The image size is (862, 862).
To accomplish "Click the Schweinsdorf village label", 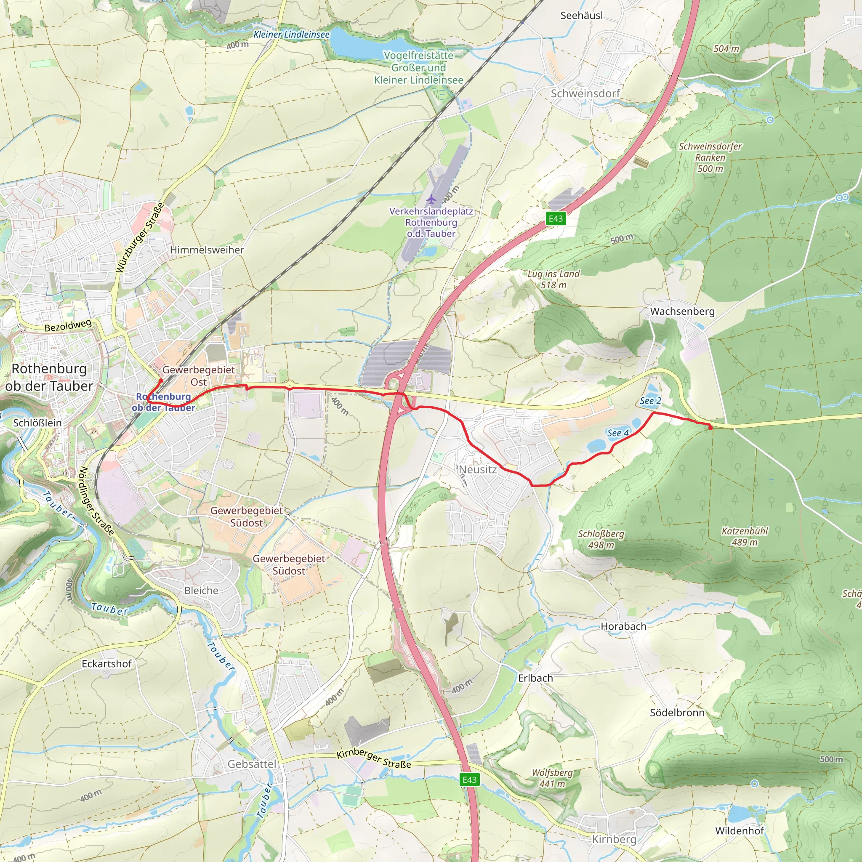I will tap(585, 93).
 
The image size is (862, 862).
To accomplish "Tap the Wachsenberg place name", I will tap(682, 311).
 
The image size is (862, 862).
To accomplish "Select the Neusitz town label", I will tap(477, 469).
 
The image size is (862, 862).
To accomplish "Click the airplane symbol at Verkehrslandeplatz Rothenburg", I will tap(431, 199).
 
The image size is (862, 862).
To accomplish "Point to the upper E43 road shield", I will tap(556, 218).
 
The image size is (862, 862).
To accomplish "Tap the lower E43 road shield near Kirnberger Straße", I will tap(469, 780).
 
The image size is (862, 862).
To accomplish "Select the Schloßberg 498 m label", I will tap(601, 539).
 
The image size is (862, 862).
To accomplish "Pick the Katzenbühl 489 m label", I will tap(745, 536).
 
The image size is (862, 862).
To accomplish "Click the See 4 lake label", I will tap(617, 433).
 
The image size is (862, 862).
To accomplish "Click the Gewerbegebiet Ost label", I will tap(199, 376).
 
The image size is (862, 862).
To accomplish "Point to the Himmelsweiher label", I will tap(207, 250).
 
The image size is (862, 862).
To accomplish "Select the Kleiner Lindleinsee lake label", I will tap(291, 35).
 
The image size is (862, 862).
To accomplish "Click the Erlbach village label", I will tap(535, 678).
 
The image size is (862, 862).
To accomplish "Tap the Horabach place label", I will tap(623, 626).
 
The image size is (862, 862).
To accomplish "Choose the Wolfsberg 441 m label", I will tap(552, 778).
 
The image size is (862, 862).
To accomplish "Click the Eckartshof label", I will tap(106, 664).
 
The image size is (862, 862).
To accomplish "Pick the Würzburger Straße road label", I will tap(140, 237).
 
